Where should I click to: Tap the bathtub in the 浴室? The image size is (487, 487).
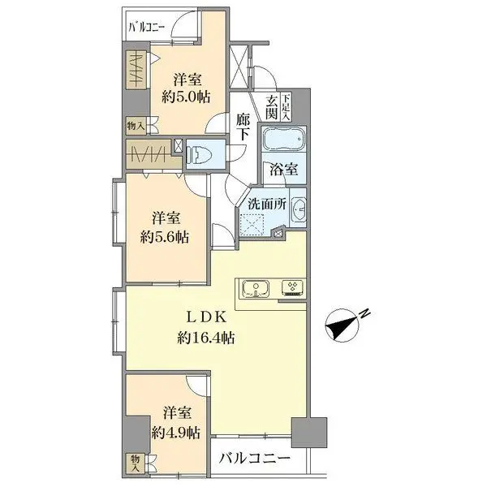(x=284, y=139)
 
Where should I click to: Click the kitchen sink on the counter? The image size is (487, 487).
(x=256, y=289)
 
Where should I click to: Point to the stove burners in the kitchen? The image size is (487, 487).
(x=293, y=287)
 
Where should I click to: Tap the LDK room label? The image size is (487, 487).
(x=205, y=317)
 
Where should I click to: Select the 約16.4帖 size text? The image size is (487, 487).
(x=206, y=338)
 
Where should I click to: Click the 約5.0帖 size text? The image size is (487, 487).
(x=186, y=97)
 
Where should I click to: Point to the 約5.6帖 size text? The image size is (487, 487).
(x=165, y=238)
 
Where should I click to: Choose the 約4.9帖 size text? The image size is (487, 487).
(x=176, y=433)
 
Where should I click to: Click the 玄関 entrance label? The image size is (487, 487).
(x=271, y=107)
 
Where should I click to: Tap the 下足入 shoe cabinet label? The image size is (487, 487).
(x=286, y=107)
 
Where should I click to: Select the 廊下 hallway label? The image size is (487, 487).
(x=243, y=127)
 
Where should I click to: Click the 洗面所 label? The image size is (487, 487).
(x=267, y=204)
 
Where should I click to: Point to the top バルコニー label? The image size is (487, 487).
(x=147, y=28)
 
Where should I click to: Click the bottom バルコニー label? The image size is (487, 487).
(x=255, y=458)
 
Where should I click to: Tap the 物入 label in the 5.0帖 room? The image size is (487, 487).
(x=136, y=126)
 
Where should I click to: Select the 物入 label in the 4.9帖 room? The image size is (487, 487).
(x=135, y=463)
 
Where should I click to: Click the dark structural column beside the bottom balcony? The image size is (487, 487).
(x=309, y=433)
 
